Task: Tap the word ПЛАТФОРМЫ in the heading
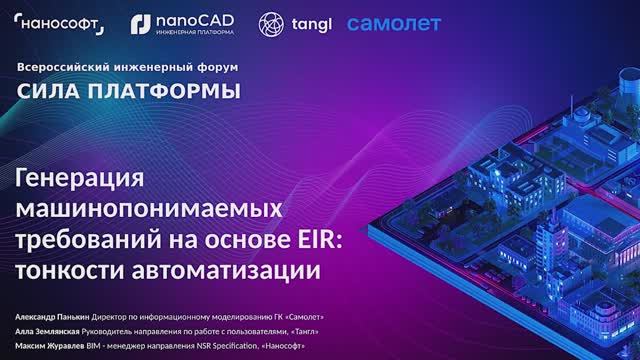pos(165,92)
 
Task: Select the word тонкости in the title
pos(70,270)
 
